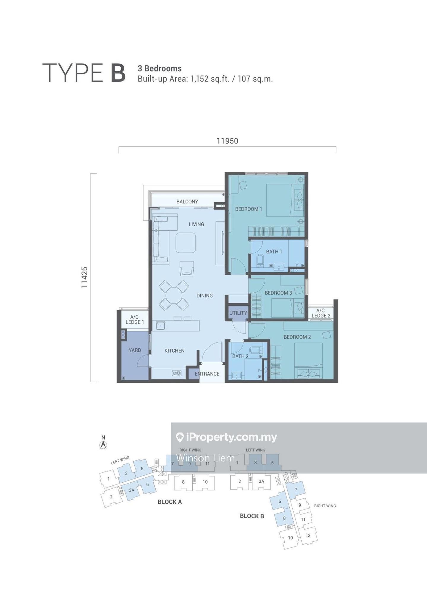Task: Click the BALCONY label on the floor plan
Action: [x=187, y=202]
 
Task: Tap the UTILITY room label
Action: [x=238, y=313]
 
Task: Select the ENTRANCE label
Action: [x=207, y=374]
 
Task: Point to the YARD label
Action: [x=135, y=350]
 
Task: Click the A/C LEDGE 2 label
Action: [x=321, y=313]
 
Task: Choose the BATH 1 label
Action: [x=274, y=251]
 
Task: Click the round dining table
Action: [x=174, y=295]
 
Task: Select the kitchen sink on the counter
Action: [x=160, y=326]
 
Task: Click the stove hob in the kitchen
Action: [x=177, y=373]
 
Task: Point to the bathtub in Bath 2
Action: [x=256, y=350]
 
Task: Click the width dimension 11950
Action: [x=227, y=141]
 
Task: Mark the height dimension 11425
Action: [x=85, y=277]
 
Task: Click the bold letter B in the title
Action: [x=118, y=73]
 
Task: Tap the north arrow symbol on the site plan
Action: [x=103, y=445]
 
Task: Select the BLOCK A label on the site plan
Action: [x=170, y=502]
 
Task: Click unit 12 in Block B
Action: [x=308, y=535]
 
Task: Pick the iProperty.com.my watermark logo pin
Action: [x=180, y=437]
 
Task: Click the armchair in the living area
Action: [x=187, y=268]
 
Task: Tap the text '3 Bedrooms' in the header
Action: [x=160, y=68]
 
